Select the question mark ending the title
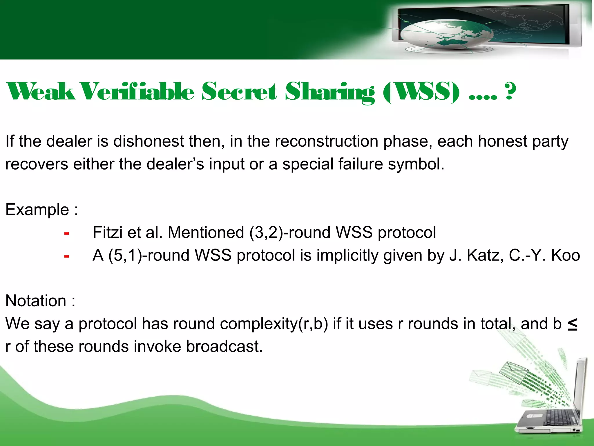510,91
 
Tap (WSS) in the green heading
421,91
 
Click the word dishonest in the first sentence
148,141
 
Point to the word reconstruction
326,141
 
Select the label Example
37,210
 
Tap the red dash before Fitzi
66,233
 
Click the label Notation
36,301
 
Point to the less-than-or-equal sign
572,324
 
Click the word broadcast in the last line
224,347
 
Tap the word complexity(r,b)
274,324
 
